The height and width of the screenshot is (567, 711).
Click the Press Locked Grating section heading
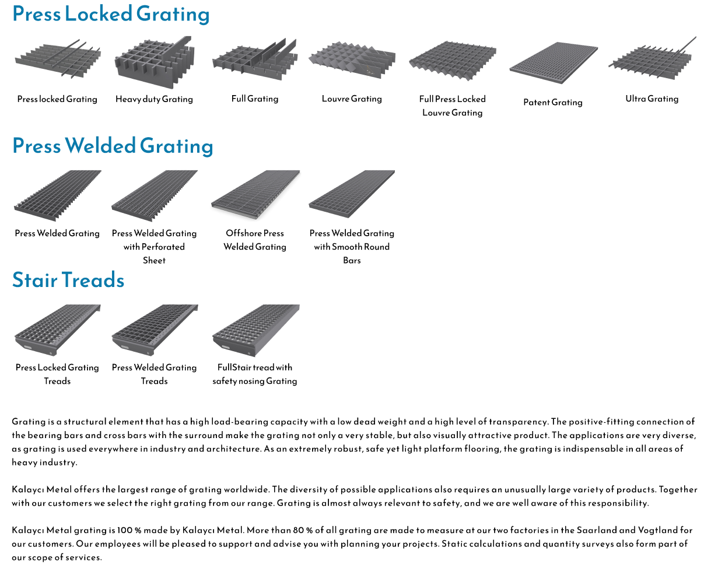111,15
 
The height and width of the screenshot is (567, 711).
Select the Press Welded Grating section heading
113,146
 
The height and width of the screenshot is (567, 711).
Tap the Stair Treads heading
68,280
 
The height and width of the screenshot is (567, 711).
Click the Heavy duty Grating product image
155,62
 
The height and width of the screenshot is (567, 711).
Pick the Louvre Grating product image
352,60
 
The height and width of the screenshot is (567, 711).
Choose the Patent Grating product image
554,63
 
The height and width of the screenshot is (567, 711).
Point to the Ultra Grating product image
653,58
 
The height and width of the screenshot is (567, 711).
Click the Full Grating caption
255,99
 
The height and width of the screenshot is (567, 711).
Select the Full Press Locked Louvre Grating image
453,61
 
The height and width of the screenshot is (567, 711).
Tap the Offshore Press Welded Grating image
255,195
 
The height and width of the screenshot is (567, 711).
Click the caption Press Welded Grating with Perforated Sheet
155,247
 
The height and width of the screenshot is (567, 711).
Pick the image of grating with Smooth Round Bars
352,194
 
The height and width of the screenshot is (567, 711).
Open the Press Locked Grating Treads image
58,330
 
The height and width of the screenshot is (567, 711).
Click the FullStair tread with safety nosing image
255,330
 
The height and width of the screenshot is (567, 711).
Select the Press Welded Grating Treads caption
155,374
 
